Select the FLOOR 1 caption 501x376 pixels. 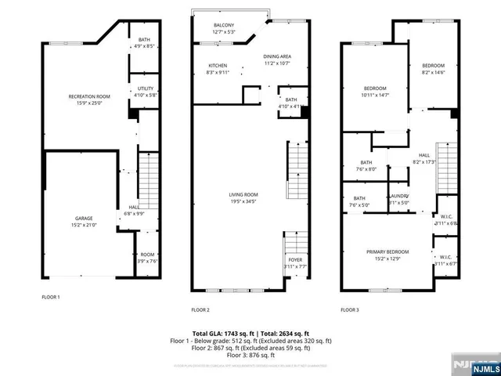51,297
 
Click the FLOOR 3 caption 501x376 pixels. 349,309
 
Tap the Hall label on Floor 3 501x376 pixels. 424,159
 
